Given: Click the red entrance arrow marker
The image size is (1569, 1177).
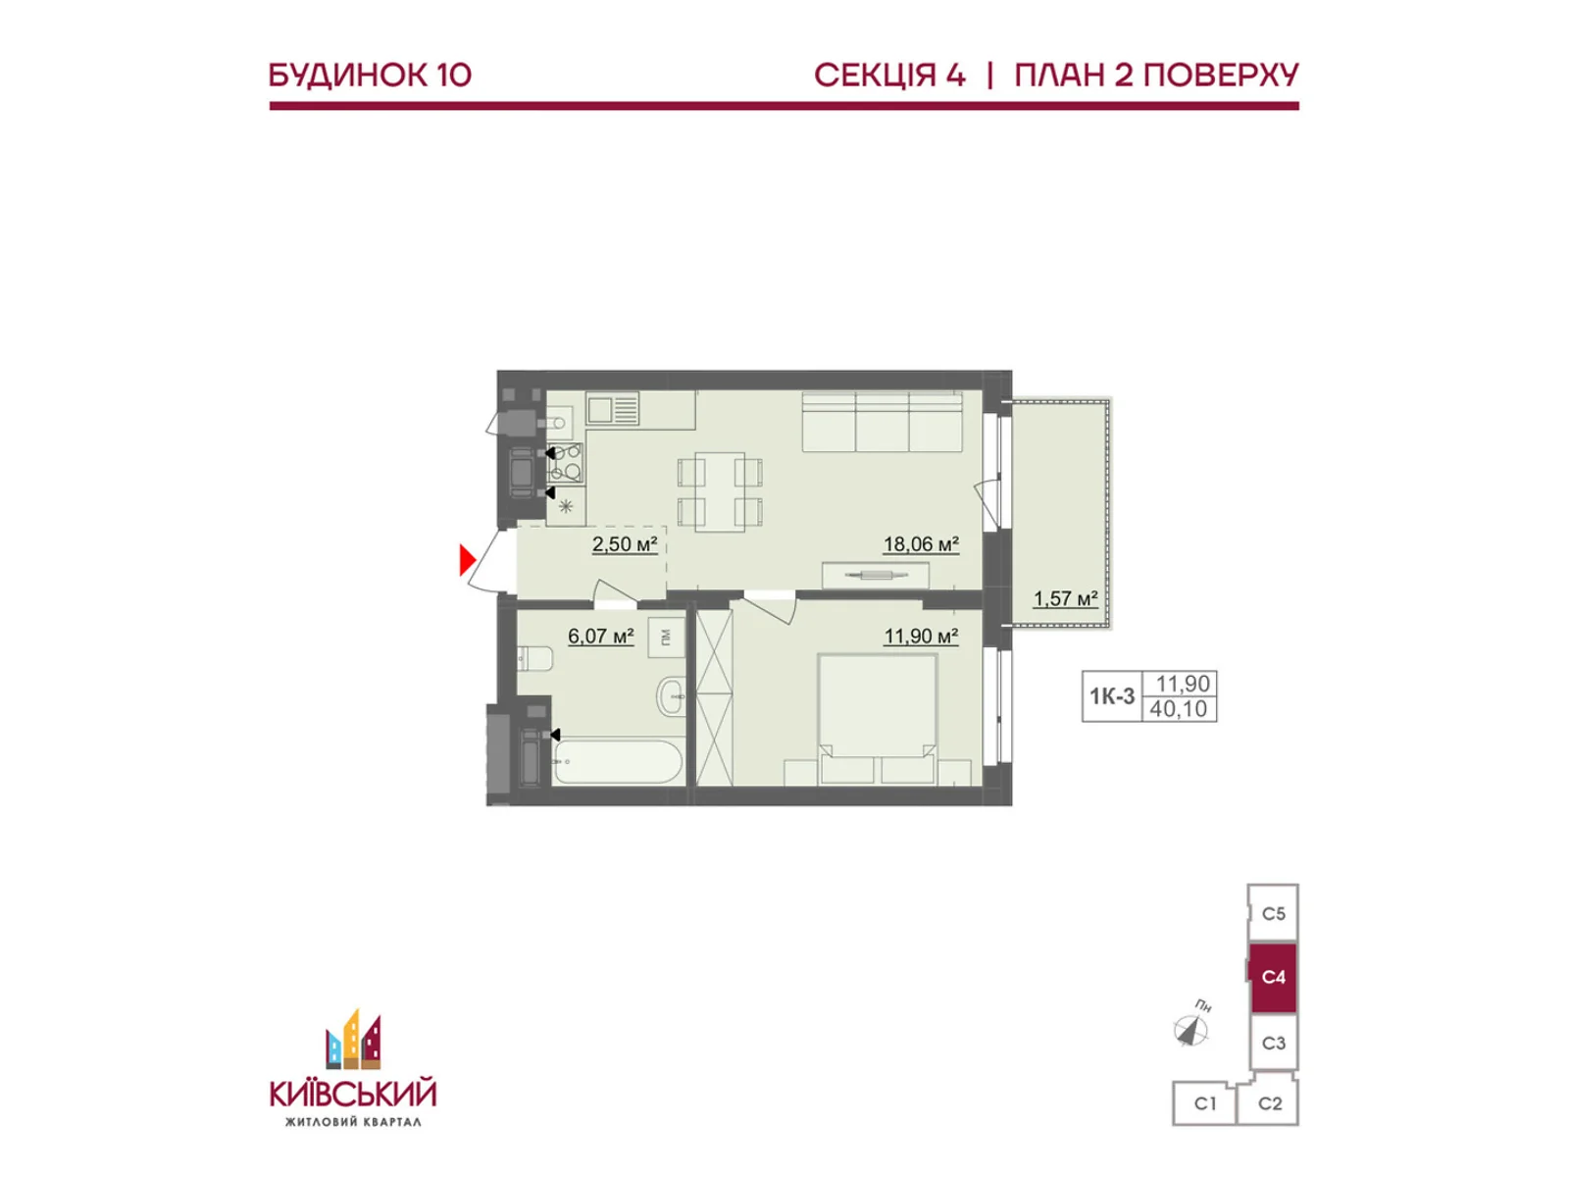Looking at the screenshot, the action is (x=467, y=559).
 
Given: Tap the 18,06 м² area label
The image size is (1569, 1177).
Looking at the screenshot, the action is (x=921, y=544).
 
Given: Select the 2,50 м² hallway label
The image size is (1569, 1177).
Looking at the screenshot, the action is (x=624, y=544).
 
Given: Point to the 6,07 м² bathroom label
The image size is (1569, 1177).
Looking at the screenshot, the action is (x=600, y=636).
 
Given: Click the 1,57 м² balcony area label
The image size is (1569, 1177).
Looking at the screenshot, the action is (x=1065, y=598).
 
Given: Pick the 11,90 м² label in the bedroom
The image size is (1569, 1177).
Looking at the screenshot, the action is (x=921, y=636).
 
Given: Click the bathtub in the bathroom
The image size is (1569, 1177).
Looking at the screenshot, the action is (x=618, y=762).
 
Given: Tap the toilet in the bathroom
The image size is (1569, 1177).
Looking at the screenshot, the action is (x=534, y=658).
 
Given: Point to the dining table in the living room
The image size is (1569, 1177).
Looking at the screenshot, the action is (x=720, y=491).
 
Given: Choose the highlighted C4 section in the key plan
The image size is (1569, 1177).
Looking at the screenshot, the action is (x=1272, y=978).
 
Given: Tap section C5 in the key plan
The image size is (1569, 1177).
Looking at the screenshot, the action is (x=1273, y=913).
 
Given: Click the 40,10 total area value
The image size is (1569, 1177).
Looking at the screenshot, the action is (x=1178, y=709).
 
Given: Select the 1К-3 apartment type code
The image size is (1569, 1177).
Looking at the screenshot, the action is (x=1111, y=696).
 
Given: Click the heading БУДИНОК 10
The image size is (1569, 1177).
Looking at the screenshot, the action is (x=371, y=76).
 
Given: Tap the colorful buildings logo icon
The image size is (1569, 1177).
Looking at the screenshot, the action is (x=353, y=1040).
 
